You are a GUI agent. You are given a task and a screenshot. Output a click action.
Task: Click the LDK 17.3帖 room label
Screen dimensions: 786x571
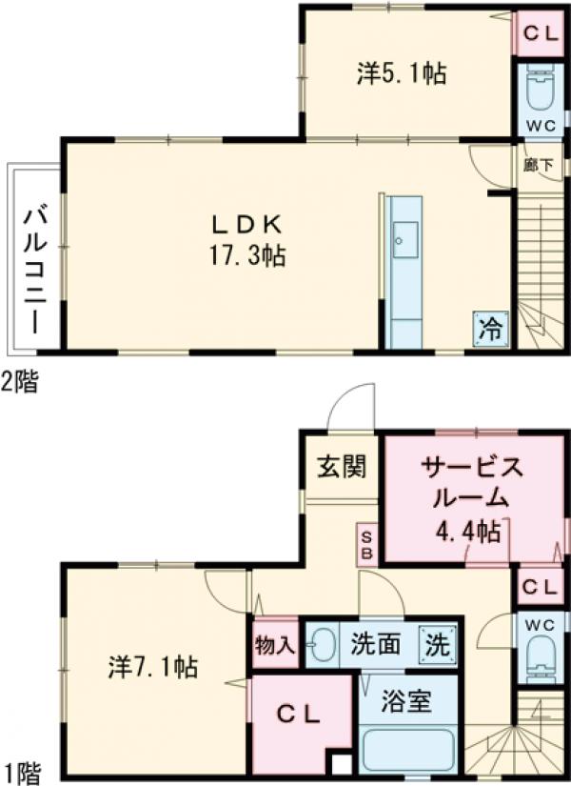246,239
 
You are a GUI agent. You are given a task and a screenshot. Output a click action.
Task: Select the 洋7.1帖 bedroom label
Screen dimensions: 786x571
151,666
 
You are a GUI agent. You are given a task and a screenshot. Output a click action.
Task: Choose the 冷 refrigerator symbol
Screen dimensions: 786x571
490,329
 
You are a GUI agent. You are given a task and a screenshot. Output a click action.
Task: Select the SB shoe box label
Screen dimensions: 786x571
367,543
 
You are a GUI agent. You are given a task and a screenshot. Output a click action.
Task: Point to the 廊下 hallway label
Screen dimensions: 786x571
538,164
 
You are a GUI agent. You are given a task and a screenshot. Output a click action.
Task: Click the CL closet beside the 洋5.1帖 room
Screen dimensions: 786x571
539,32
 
